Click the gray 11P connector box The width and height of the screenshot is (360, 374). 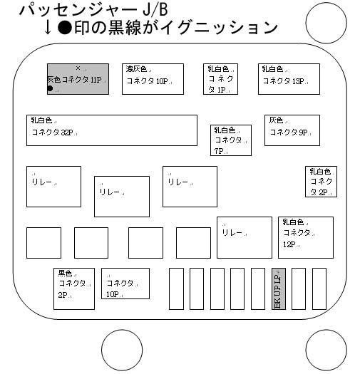click(x=78, y=79)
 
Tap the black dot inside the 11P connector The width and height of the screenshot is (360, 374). click(x=50, y=88)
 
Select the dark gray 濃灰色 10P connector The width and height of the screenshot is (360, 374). click(x=153, y=79)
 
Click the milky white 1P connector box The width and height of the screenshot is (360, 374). click(x=220, y=79)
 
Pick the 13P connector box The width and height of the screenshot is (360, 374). click(x=289, y=79)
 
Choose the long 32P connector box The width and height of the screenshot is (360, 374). click(x=112, y=130)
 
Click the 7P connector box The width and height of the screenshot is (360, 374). click(x=231, y=140)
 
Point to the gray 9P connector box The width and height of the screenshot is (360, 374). click(x=292, y=130)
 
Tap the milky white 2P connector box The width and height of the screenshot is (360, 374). click(x=321, y=182)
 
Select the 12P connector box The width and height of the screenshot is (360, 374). click(x=306, y=237)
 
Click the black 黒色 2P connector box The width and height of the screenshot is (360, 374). click(x=74, y=289)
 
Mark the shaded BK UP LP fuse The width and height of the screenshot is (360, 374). click(x=279, y=289)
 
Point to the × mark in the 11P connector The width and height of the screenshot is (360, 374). click(x=78, y=68)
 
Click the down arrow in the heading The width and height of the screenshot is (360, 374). click(x=48, y=28)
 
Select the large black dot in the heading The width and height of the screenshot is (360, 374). click(x=65, y=28)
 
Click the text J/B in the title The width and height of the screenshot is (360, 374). click(x=155, y=10)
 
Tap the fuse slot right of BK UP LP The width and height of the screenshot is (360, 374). click(x=299, y=289)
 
